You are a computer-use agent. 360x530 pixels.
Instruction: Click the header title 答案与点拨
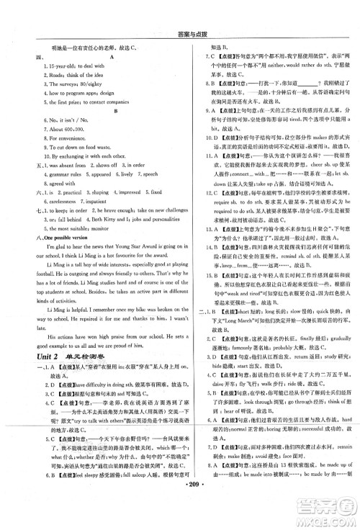pyautogui.click(x=180, y=9)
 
